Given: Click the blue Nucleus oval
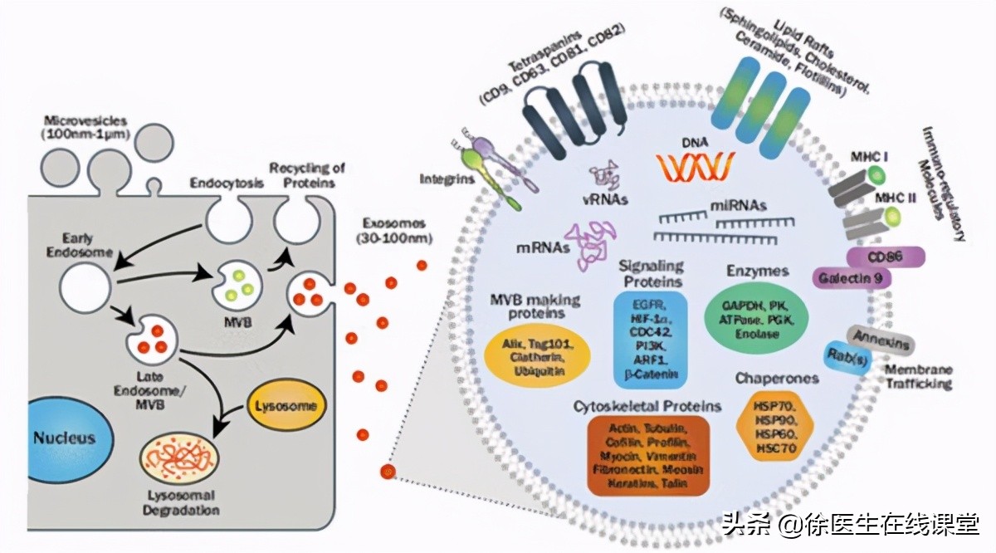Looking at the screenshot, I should click(x=64, y=438).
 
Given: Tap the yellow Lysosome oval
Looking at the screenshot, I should click(x=285, y=405).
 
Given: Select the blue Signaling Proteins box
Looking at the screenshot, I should click(x=650, y=338).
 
